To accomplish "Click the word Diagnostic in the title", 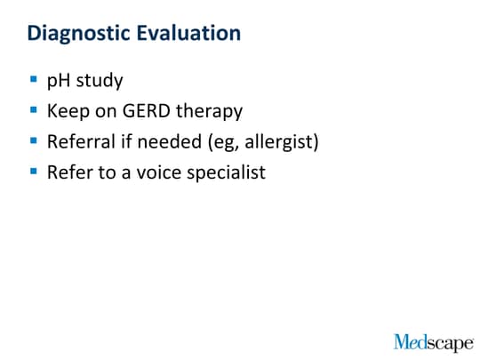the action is click(79, 34).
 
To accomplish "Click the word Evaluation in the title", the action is click(188, 33).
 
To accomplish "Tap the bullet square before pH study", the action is click(34, 80).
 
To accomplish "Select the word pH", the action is click(59, 81).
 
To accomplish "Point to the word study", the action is click(100, 81).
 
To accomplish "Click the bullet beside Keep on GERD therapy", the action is click(34, 109).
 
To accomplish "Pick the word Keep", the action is click(68, 111).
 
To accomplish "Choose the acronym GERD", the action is click(147, 110).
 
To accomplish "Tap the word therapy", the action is click(210, 111).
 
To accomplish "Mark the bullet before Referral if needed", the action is click(34, 140).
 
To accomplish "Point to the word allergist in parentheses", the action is click(278, 142).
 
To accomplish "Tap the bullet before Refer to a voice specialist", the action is click(34, 171).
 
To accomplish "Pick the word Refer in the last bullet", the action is click(70, 172).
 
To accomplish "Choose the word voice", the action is click(159, 172).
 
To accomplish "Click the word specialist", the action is click(227, 172).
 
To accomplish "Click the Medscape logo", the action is click(434, 342).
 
